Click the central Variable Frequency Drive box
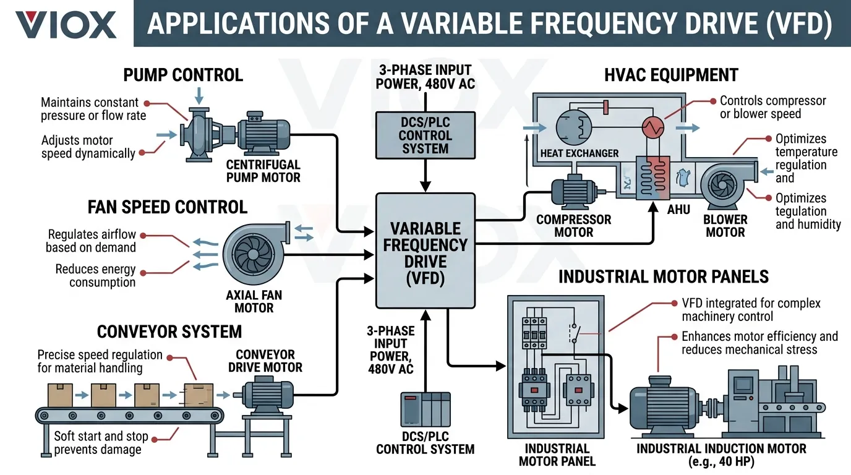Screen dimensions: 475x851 pos(426,250)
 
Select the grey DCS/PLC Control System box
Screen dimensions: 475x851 pos(425,135)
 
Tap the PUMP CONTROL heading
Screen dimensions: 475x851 pos(183,75)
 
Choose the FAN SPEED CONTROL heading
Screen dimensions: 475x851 pos(168,207)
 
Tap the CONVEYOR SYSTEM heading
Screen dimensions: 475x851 pos(169,332)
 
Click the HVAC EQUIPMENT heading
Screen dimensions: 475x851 pos(671,75)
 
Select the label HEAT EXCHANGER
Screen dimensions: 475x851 pos(579,153)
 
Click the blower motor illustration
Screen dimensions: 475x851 pos(724,185)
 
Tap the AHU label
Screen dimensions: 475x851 pos(678,210)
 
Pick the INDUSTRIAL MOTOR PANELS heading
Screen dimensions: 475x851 pos(664,276)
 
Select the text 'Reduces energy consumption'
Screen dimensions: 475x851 pos(95,276)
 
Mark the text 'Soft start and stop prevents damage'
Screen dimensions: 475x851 pos(101,443)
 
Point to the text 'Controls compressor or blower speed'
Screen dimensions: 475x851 pos(772,107)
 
